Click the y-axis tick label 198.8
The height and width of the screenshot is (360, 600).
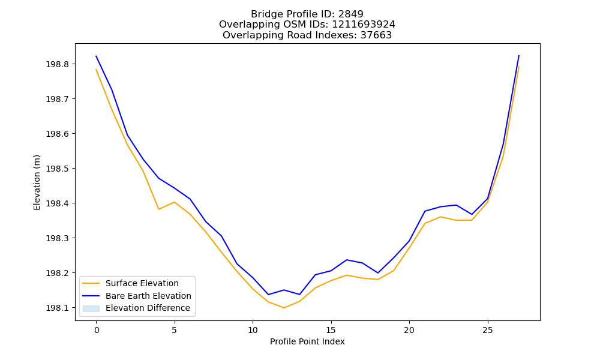(x=58, y=64)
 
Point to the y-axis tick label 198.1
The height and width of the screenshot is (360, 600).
(x=58, y=308)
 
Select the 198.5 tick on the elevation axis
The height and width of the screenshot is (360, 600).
(x=58, y=169)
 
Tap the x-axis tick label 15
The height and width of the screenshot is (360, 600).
(x=331, y=330)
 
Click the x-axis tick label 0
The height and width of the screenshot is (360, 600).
(x=97, y=330)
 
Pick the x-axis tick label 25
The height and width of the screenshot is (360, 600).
(x=487, y=330)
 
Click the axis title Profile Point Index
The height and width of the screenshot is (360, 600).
(x=307, y=341)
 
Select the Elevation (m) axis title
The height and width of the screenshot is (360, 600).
(x=37, y=182)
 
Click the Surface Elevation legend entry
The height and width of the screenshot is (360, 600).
(x=142, y=283)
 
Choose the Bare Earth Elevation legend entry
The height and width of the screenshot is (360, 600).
(x=148, y=296)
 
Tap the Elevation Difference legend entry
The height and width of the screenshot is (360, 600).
(x=148, y=308)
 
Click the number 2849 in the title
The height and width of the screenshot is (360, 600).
(x=351, y=14)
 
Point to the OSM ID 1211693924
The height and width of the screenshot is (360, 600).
(x=364, y=25)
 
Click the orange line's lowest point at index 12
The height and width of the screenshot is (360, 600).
(x=284, y=308)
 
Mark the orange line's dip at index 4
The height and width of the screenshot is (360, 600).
(x=158, y=209)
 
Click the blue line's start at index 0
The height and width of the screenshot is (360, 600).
(x=96, y=56)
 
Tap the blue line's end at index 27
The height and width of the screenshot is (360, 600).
(x=519, y=56)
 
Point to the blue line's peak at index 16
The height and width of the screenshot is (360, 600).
(x=347, y=260)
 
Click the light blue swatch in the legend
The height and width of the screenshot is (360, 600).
(x=91, y=308)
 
